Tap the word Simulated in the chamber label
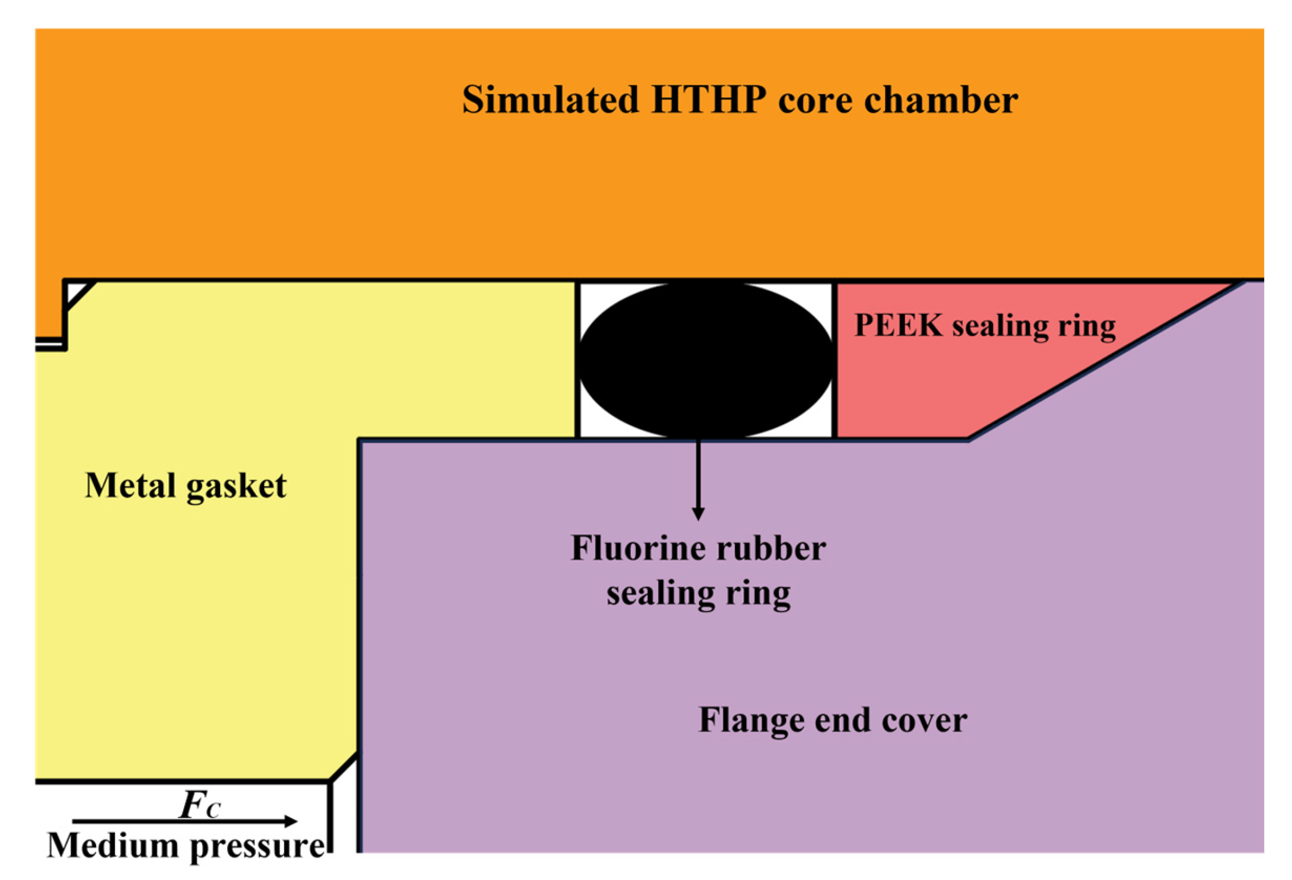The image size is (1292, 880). (x=550, y=100)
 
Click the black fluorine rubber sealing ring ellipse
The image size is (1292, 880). (x=706, y=360)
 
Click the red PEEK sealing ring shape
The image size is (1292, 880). (x=916, y=385)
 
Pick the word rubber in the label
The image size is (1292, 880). (x=771, y=548)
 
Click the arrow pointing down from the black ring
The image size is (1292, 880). (x=697, y=480)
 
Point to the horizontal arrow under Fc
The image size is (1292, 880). (x=184, y=821)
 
